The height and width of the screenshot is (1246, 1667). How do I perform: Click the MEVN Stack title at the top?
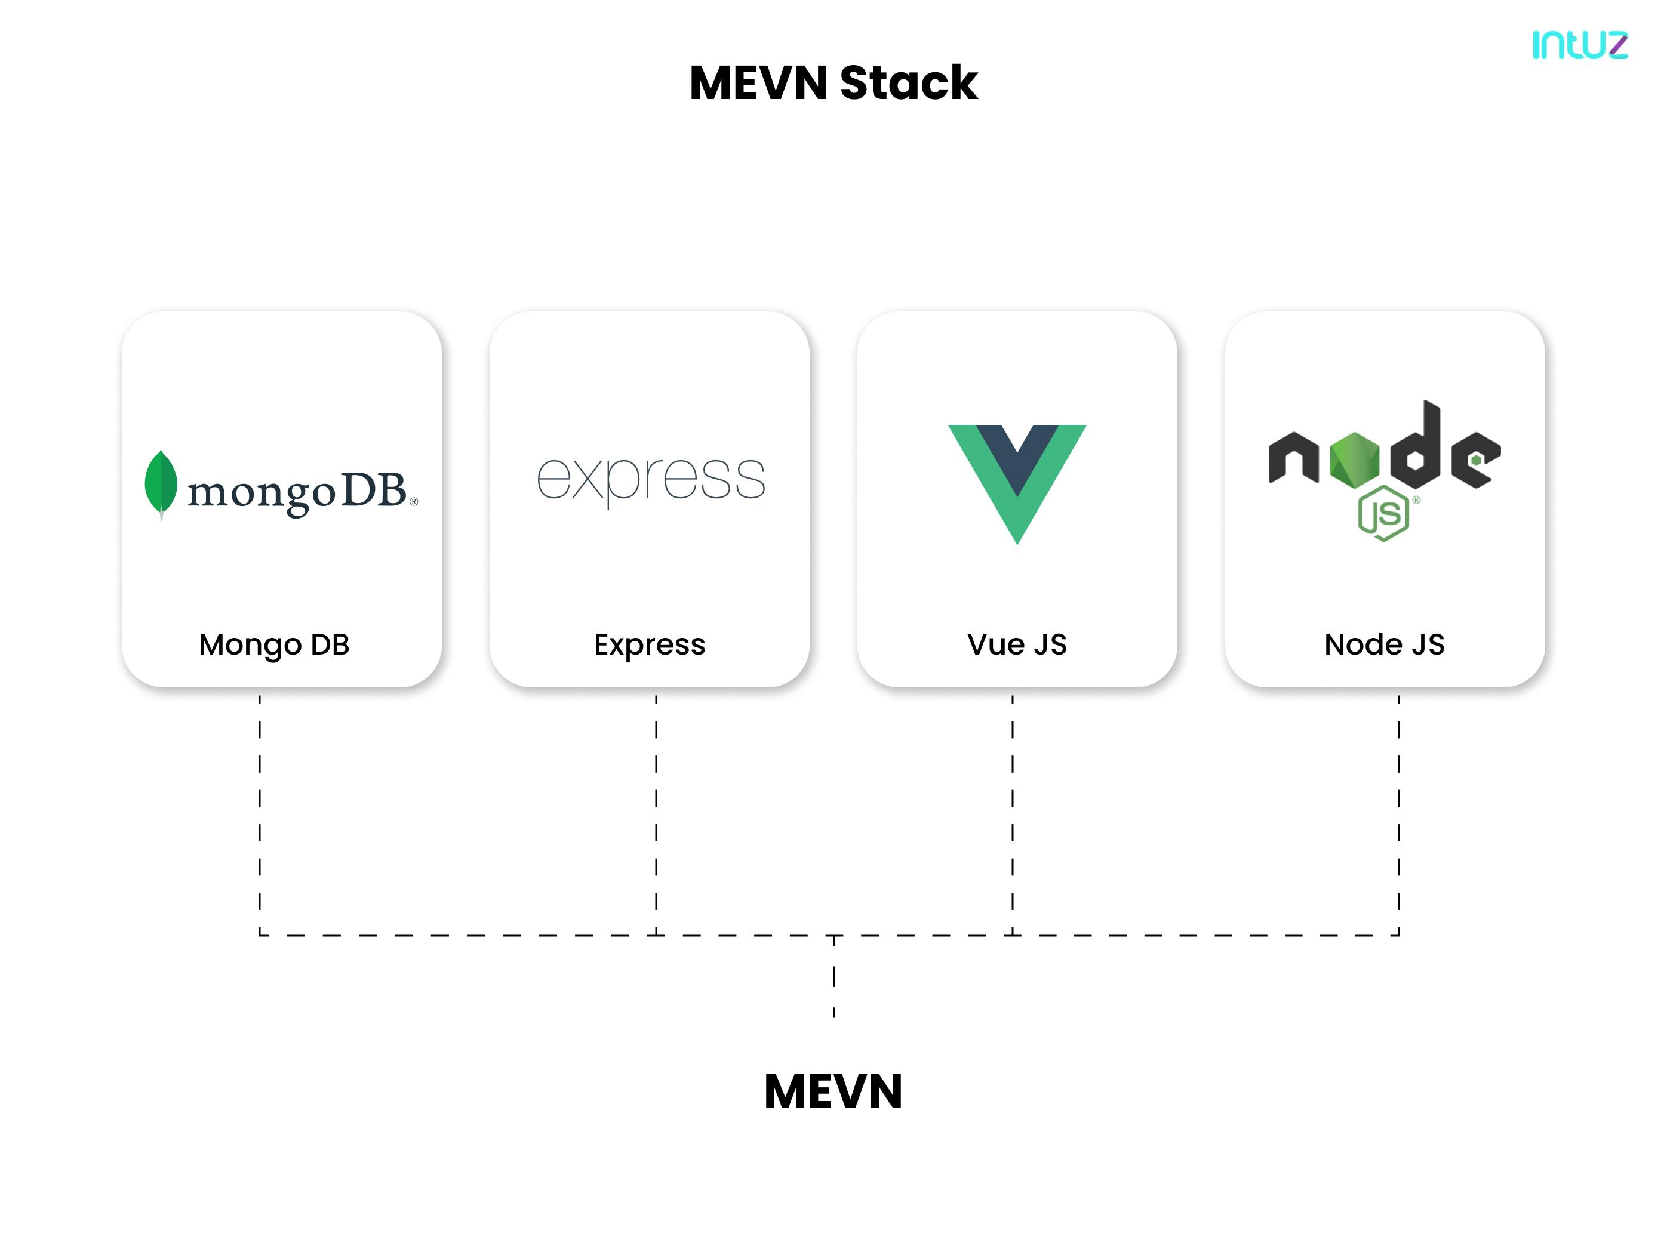coord(833,82)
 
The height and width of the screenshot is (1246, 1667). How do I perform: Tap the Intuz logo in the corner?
coord(1580,45)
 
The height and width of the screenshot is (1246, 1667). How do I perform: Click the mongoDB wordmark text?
coord(298,492)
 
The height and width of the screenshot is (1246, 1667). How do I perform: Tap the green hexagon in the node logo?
coord(1354,459)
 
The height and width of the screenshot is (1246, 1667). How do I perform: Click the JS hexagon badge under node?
coord(1383,514)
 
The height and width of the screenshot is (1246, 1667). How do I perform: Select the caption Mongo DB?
coord(274,645)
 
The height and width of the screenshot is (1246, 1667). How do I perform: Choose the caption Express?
coord(650,645)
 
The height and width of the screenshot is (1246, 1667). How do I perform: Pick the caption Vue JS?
coord(1017,645)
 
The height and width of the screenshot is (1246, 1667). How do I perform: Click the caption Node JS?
coord(1385,645)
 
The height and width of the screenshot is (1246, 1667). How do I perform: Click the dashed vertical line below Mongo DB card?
coord(260,813)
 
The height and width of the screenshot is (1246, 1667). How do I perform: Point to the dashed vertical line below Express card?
coord(656,813)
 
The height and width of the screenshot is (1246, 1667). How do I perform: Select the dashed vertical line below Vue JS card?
coord(1012,813)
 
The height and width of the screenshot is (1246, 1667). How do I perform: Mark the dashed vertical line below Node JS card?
coord(1399,813)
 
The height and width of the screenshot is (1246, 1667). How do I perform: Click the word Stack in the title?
coord(908,82)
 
